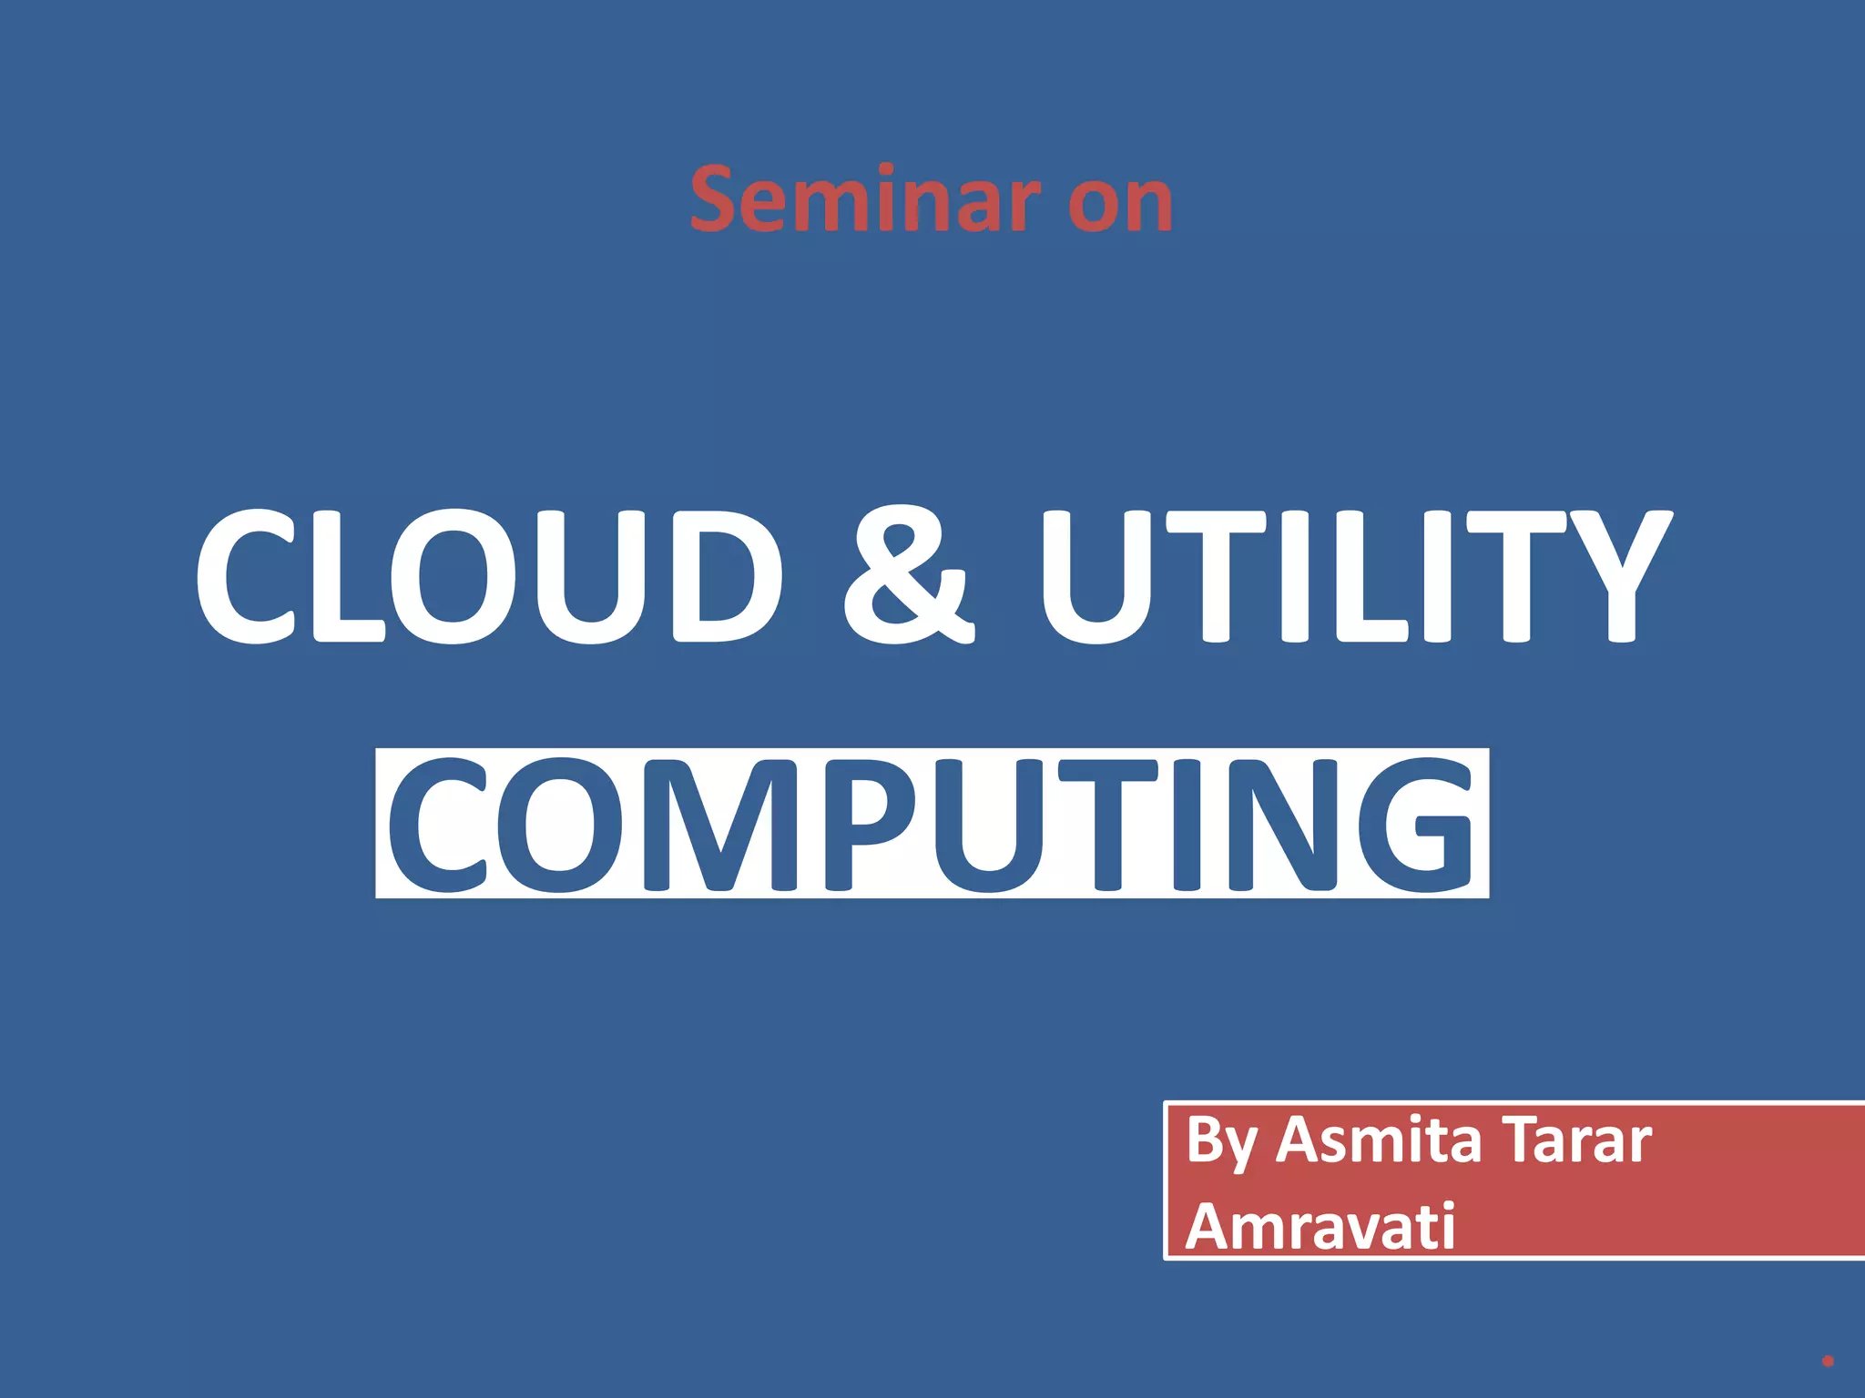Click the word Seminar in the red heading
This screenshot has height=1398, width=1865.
[x=865, y=199]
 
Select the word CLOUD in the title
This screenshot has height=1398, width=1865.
[x=488, y=576]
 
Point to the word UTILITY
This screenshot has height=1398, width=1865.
[x=1356, y=576]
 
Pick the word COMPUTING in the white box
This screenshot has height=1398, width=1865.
[x=932, y=824]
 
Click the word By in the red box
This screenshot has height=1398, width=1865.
[x=1222, y=1141]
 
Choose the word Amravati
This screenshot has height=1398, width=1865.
[x=1320, y=1227]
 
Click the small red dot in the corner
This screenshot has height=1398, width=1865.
[x=1827, y=1362]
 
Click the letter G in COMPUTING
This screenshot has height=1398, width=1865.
[x=1416, y=825]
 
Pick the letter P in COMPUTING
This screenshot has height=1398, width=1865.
[x=870, y=825]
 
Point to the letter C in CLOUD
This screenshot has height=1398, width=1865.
[x=246, y=576]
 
